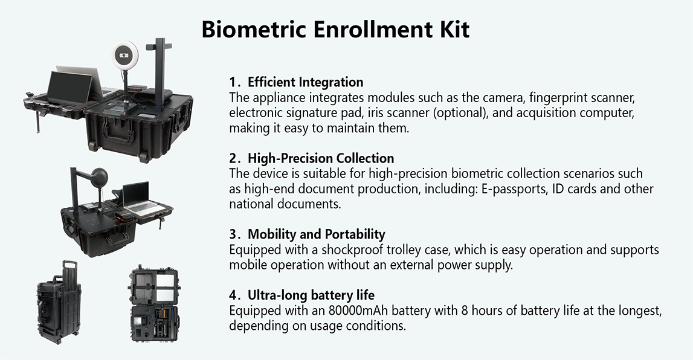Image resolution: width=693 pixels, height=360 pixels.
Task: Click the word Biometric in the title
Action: point(253,29)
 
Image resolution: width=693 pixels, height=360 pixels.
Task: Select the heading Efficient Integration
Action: point(305,82)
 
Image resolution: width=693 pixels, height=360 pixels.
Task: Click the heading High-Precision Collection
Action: point(321,158)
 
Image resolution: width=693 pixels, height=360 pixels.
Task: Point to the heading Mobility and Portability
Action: point(317,234)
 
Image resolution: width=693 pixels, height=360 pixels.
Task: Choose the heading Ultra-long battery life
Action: point(311,295)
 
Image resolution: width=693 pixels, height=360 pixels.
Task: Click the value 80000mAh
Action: point(358,310)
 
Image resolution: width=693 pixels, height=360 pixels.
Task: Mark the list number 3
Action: point(233,234)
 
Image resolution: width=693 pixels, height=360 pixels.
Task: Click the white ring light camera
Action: point(124,56)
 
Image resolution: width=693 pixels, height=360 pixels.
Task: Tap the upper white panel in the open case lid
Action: point(153,282)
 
